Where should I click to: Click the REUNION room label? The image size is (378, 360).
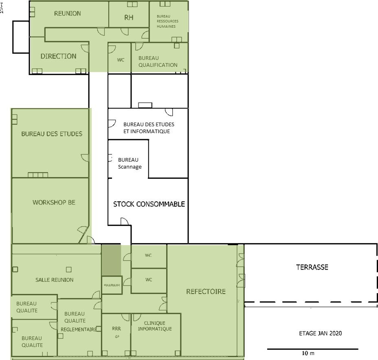68,13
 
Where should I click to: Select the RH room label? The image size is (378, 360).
129,18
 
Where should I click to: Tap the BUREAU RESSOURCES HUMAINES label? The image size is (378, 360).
167,21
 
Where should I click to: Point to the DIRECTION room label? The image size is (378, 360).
58,56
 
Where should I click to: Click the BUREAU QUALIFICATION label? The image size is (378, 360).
158,61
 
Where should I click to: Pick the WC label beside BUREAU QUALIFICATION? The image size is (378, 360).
121,60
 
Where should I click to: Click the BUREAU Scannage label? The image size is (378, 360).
129,163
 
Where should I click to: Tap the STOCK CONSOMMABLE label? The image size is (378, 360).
149,204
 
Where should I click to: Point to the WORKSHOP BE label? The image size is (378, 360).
54,202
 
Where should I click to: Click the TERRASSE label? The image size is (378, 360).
312,268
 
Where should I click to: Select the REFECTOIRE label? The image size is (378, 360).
206,292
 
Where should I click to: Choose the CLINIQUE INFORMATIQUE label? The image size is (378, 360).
155,326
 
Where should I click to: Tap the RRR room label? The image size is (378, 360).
116,329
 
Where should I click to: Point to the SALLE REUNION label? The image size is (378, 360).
55,280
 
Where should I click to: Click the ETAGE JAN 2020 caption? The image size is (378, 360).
318,333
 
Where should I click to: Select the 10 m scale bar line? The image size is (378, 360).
312,349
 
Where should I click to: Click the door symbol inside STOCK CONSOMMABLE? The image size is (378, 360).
124,221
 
